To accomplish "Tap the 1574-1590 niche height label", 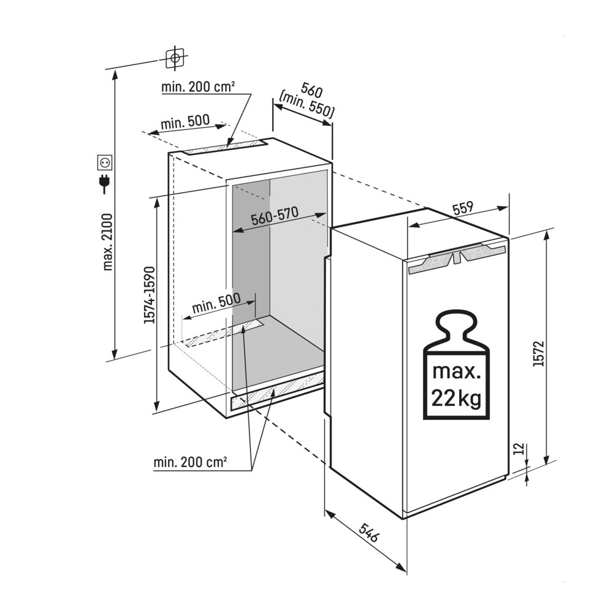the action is point(150,295).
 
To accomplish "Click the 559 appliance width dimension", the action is point(463,208).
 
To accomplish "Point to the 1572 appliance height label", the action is point(539,354).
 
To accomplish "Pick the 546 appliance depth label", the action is point(368,533).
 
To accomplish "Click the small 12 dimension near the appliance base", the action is point(519,449).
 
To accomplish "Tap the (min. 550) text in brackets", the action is point(307,105).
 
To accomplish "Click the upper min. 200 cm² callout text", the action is point(198,86).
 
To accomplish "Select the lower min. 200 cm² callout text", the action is point(191,462).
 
